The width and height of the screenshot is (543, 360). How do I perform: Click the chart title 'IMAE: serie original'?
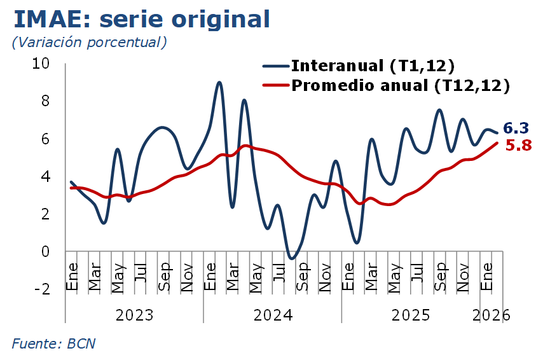(x=142, y=19)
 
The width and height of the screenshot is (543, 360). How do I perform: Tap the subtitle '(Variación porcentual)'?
(x=89, y=43)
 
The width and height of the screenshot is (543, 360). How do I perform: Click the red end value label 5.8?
(x=518, y=146)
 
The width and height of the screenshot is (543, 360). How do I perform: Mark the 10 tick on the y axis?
(x=41, y=64)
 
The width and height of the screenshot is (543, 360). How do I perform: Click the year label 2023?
(x=134, y=315)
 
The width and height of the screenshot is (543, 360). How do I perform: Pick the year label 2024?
(x=272, y=315)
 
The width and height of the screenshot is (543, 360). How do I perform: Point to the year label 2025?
(x=411, y=315)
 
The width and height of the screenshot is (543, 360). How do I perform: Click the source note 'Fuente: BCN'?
(x=54, y=343)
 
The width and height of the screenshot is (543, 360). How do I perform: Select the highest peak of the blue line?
(x=219, y=82)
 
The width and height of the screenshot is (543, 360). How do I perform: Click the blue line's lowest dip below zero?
(x=291, y=258)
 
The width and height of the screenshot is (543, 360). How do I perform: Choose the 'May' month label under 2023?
(x=118, y=278)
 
